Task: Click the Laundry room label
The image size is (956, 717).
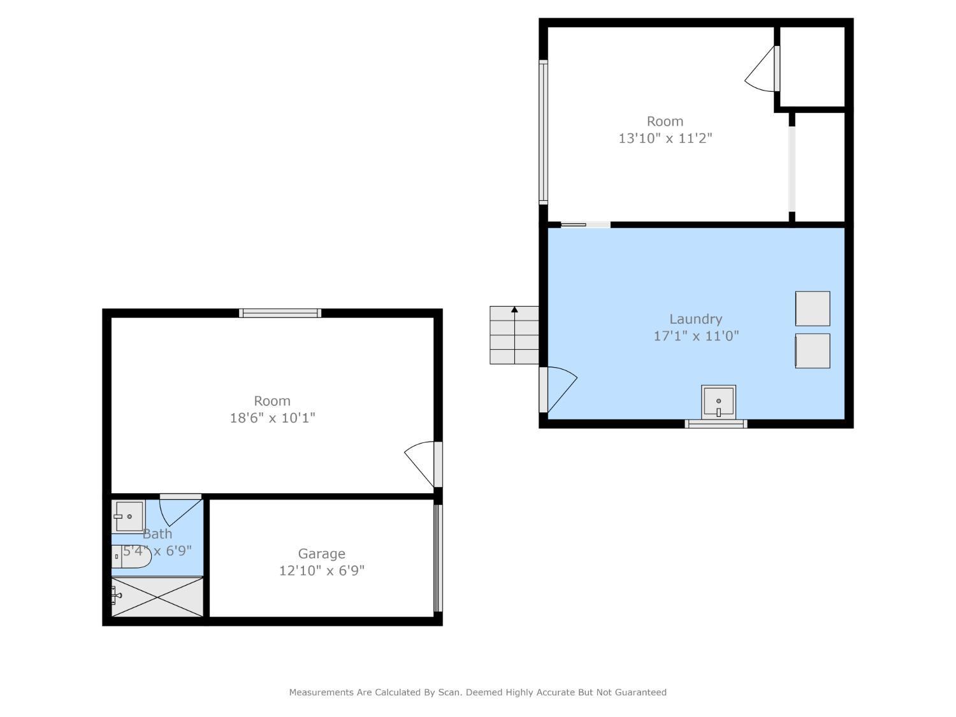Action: (695, 319)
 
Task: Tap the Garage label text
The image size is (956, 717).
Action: (321, 553)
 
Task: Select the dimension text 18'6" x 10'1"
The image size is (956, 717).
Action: (272, 418)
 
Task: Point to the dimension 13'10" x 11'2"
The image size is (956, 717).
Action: (665, 138)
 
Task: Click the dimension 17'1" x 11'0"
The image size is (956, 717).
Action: (696, 336)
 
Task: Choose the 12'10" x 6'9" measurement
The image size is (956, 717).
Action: (321, 570)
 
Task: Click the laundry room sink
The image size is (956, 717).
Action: (718, 402)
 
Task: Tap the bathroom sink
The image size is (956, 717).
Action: (129, 516)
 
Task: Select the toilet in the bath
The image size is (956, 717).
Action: (131, 557)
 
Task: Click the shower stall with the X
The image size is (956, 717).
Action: (157, 597)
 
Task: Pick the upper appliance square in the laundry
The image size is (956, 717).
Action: (812, 308)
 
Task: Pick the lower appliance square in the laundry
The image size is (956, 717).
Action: (812, 351)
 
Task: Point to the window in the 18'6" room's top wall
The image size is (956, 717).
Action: (280, 313)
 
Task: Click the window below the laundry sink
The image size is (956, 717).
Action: (716, 424)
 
